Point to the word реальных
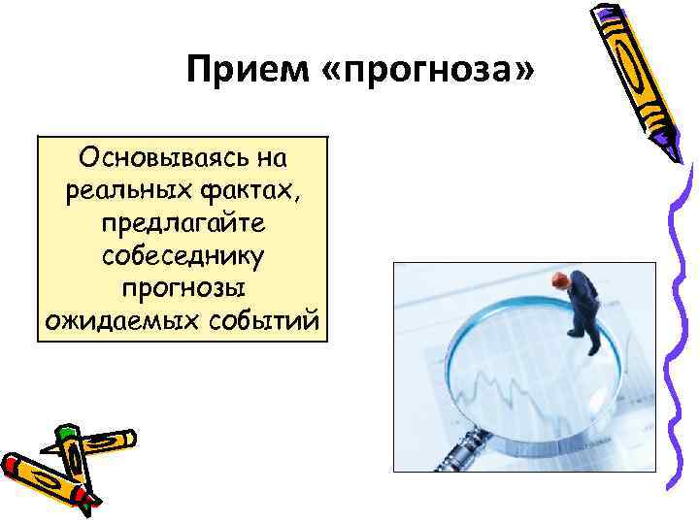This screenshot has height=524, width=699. coord(112,190)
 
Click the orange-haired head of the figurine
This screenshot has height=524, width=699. coord(559,280)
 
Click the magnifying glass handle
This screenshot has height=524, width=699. coord(454,452)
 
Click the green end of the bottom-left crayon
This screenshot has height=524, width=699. coord(66,433)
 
